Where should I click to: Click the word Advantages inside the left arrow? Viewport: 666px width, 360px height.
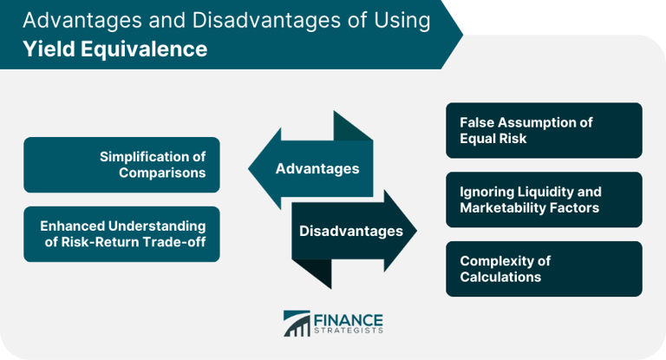point(317,168)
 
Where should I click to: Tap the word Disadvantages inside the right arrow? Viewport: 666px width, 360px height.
point(350,231)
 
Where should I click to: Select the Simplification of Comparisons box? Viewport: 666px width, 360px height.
point(121,164)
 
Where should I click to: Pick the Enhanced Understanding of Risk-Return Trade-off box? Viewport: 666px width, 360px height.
point(121,233)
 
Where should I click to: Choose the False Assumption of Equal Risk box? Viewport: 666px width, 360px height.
point(544,130)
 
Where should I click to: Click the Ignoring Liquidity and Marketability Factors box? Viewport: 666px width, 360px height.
point(544,200)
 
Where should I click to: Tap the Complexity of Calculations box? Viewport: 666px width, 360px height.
point(544,269)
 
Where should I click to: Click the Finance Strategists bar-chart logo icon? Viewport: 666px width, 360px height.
point(297,323)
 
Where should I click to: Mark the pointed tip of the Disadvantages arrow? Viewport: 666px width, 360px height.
point(415,231)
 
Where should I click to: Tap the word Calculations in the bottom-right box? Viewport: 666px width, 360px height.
point(500,278)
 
